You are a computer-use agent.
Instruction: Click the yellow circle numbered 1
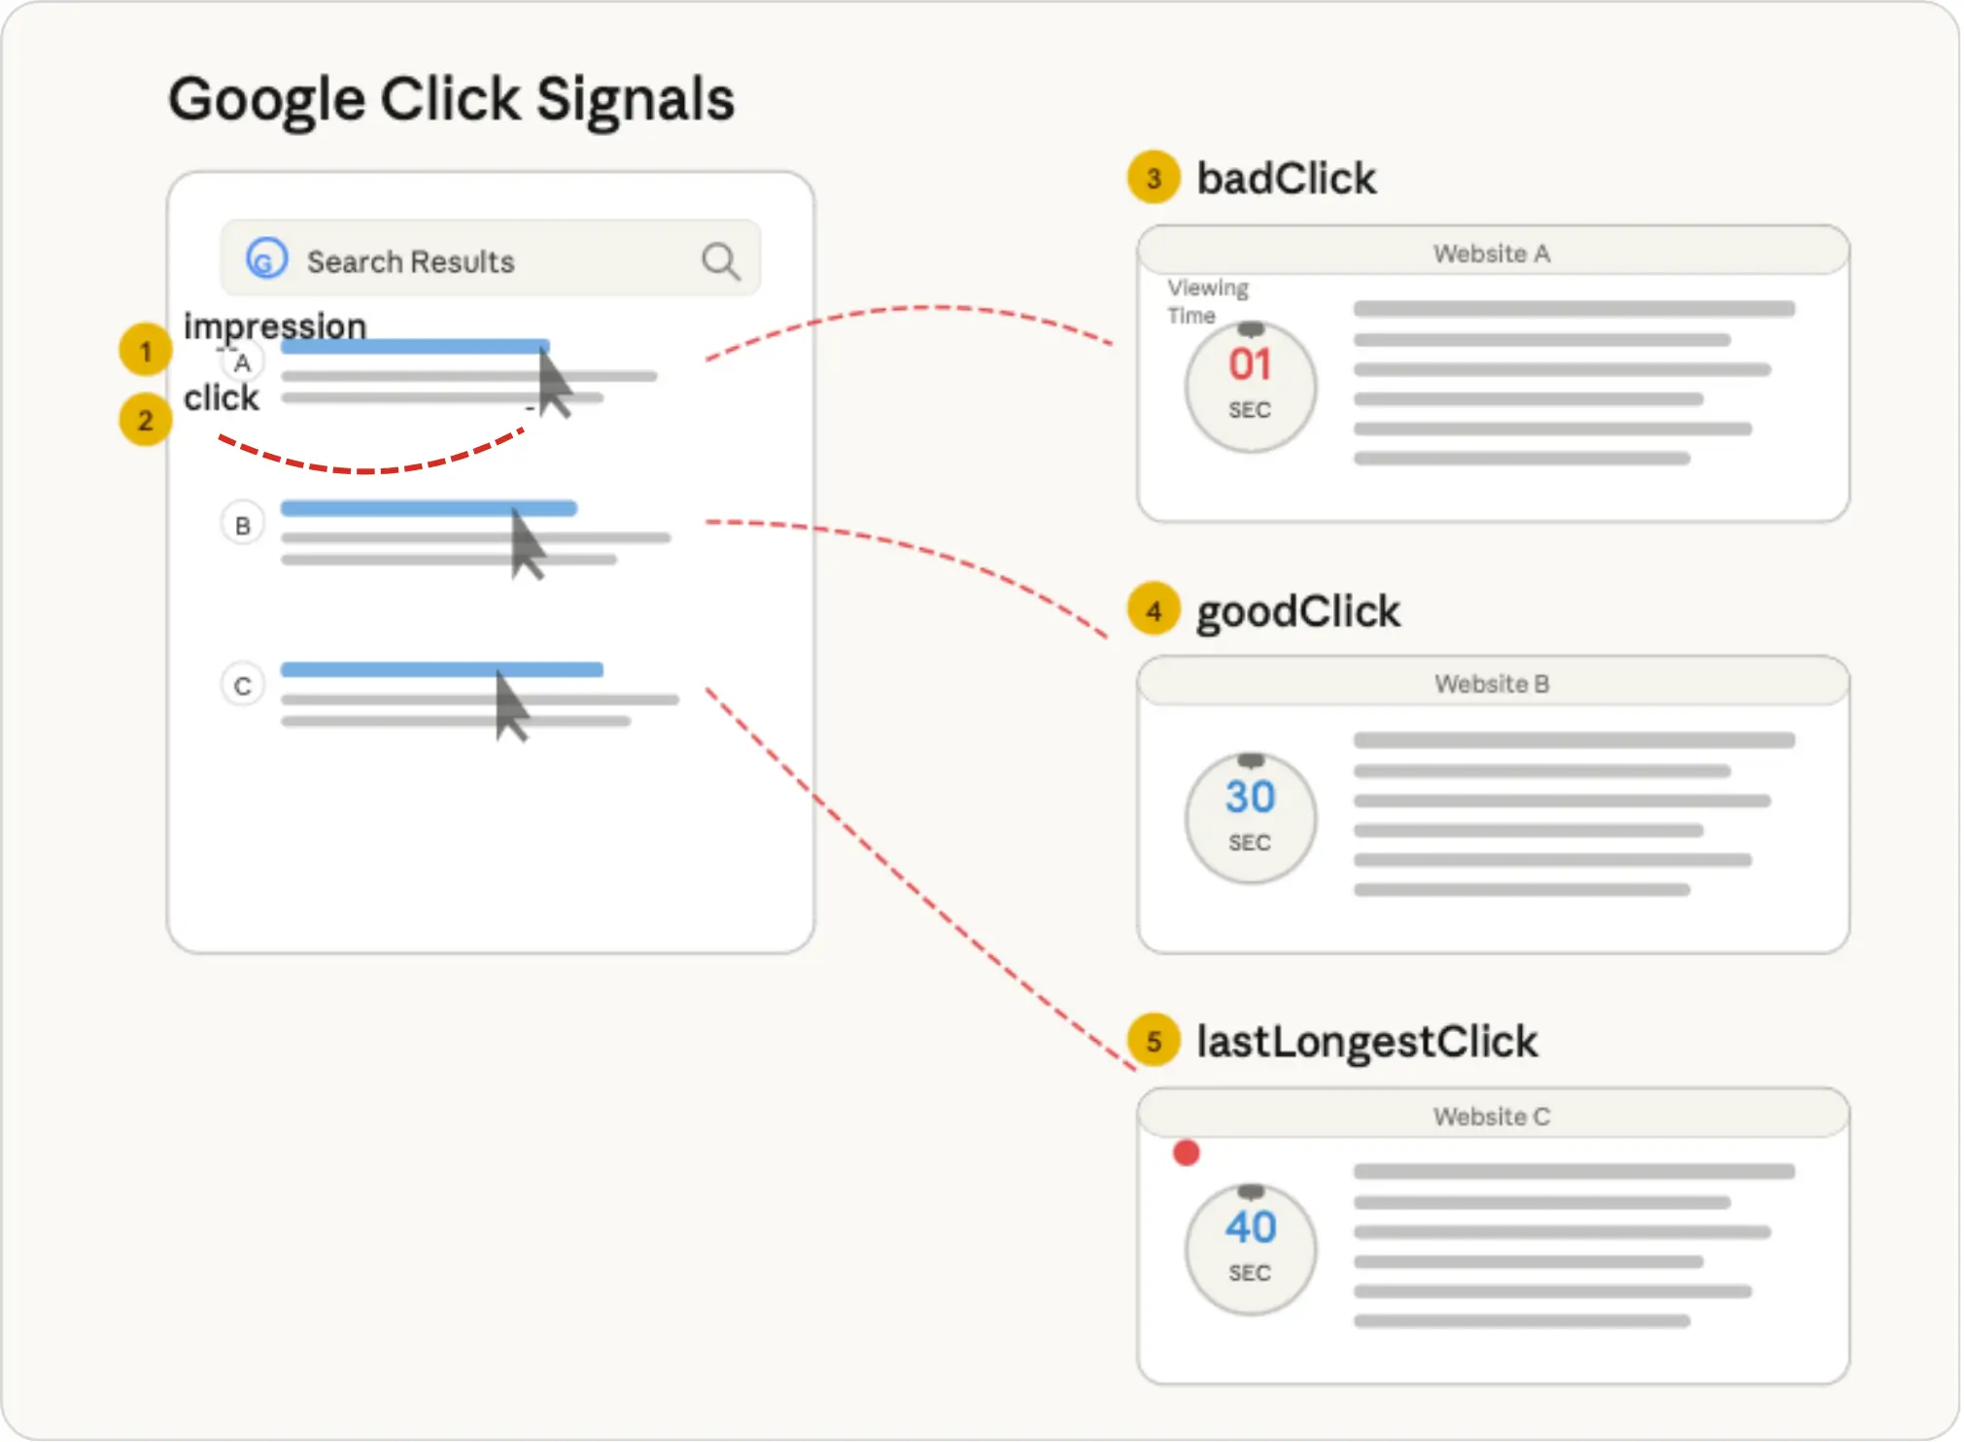(x=146, y=350)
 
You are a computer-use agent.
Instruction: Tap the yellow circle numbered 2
(x=146, y=420)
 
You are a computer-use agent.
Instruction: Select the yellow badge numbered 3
(x=1154, y=178)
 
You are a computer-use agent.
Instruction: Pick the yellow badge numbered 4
(x=1154, y=610)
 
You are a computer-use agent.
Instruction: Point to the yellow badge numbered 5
(x=1154, y=1041)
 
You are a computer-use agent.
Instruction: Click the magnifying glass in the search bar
(x=720, y=260)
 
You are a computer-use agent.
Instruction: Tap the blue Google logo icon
(x=266, y=259)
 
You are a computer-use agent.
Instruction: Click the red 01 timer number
(x=1250, y=364)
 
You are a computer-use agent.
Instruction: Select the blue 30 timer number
(x=1250, y=797)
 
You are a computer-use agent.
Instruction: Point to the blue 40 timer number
(x=1250, y=1227)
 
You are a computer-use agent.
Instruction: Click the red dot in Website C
(x=1187, y=1153)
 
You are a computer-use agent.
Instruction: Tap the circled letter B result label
(x=243, y=526)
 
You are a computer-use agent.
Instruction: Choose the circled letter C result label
(x=243, y=686)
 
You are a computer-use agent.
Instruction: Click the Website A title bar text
(x=1492, y=254)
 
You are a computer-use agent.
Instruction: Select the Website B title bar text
(x=1492, y=684)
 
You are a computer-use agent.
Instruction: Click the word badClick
(x=1287, y=179)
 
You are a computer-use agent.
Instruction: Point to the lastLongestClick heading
(x=1366, y=1042)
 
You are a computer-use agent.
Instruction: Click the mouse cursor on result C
(x=510, y=706)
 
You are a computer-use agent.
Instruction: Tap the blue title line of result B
(x=429, y=508)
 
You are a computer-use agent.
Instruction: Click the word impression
(x=275, y=326)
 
